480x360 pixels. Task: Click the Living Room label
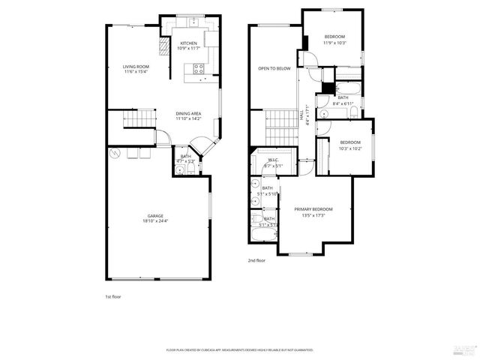click(x=136, y=67)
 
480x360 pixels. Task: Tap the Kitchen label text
click(x=187, y=43)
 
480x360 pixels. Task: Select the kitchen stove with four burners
click(x=199, y=68)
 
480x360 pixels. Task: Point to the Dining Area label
click(x=187, y=113)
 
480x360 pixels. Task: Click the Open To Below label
click(x=274, y=68)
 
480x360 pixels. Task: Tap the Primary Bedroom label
click(x=313, y=209)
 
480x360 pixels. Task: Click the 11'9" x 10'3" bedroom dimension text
click(x=334, y=43)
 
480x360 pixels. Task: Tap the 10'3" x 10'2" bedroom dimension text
click(x=350, y=148)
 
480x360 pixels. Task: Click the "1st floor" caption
click(x=112, y=296)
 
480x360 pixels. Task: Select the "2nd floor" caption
click(x=256, y=260)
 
